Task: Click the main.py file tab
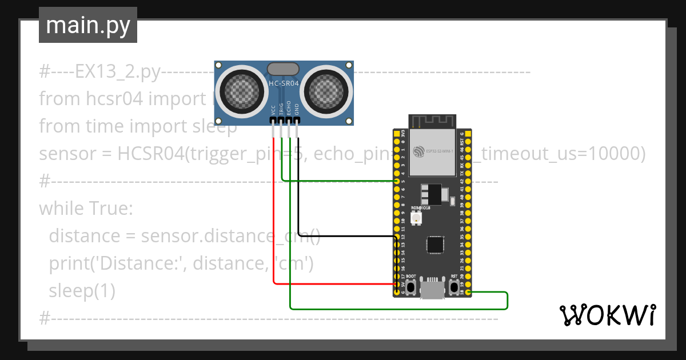87,26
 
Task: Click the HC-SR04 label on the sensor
283,83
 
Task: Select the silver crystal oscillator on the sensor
283,69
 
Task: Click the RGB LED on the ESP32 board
416,218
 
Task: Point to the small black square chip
435,245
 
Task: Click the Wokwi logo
607,315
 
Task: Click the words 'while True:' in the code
86,209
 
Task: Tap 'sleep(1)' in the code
82,291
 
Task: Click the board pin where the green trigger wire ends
397,181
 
